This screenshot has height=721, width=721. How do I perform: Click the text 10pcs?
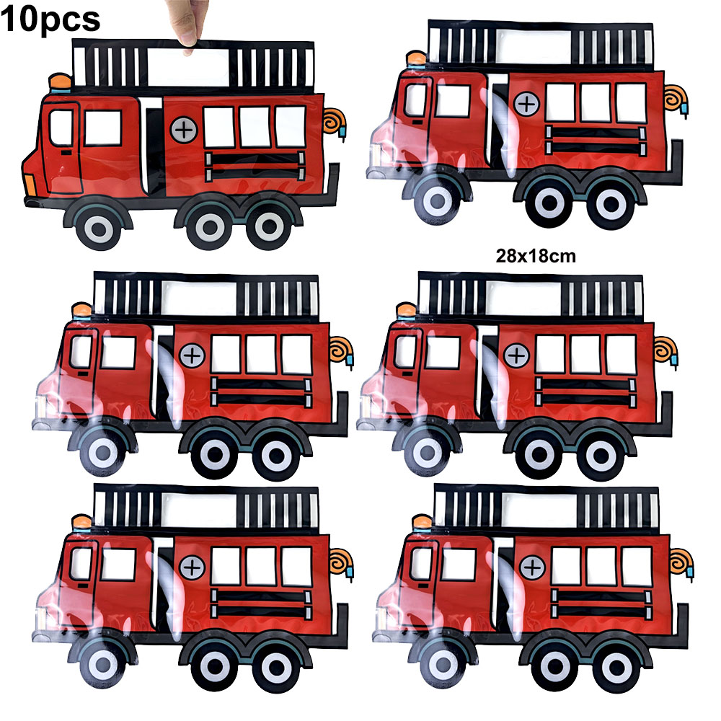pyautogui.click(x=50, y=19)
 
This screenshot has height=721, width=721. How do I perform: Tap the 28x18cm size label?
pyautogui.click(x=536, y=256)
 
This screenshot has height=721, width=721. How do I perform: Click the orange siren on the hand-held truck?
pyautogui.click(x=61, y=83)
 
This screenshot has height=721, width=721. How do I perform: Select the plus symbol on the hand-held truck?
pyautogui.click(x=184, y=130)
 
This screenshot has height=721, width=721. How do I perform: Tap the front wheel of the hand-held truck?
pyautogui.click(x=99, y=227)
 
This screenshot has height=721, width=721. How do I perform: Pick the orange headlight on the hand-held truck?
pyautogui.click(x=29, y=185)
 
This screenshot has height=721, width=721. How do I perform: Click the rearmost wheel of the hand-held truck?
pyautogui.click(x=269, y=227)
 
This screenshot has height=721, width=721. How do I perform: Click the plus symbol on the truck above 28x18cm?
pyautogui.click(x=527, y=105)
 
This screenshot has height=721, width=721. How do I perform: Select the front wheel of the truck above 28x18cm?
pyautogui.click(x=438, y=201)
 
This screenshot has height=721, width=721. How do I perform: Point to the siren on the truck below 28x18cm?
pyautogui.click(x=407, y=311)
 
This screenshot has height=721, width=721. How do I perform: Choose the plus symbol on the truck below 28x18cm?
pyautogui.click(x=517, y=355)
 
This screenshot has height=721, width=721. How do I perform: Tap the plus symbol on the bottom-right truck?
pyautogui.click(x=533, y=568)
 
